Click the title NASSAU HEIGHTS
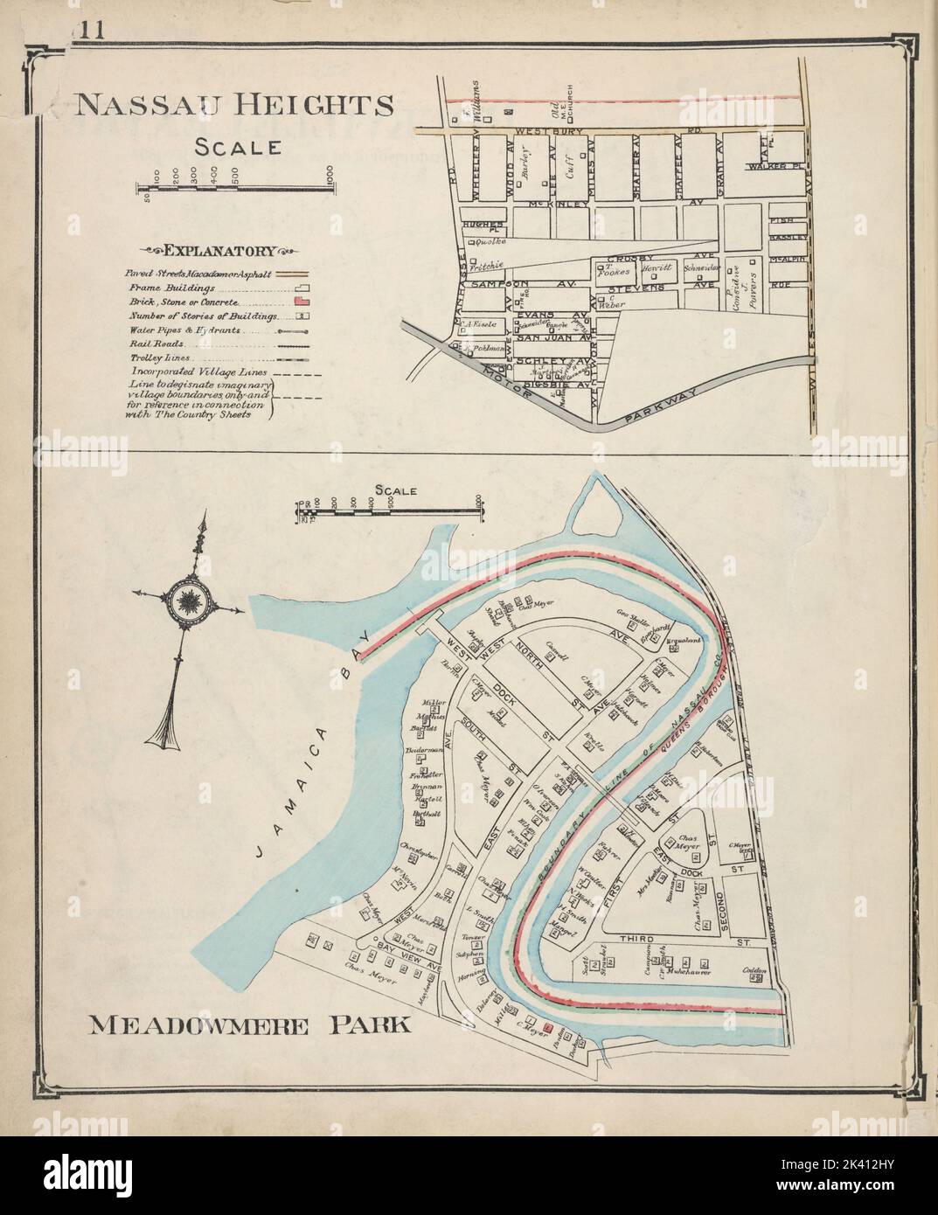coord(233,106)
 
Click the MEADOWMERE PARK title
coord(250,1024)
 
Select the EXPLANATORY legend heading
coord(215,252)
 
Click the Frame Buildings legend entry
coord(172,288)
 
